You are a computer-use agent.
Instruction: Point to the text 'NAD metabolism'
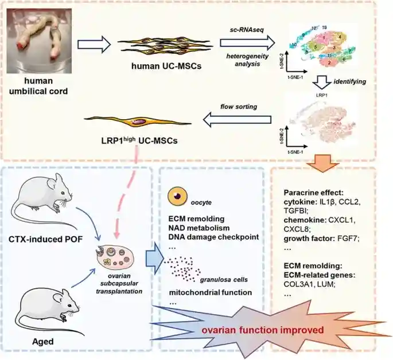(203, 228)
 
